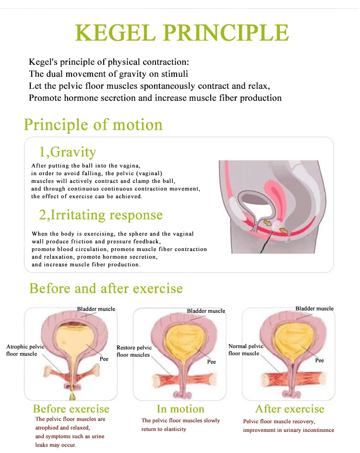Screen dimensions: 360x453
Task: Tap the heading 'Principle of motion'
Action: (93, 125)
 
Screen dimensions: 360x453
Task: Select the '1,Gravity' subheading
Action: (67, 152)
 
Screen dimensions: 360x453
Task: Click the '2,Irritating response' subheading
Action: (101, 215)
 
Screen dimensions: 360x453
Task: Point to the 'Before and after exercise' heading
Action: (106, 288)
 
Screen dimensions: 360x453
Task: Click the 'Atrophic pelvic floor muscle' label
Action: (24, 350)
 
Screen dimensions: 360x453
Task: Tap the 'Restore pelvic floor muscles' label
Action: (134, 351)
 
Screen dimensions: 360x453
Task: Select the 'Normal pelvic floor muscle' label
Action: (246, 349)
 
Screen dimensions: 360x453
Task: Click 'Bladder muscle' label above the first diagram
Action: (96, 309)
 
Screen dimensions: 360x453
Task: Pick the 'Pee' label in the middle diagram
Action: (211, 362)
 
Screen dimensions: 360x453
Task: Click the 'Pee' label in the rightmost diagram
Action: (319, 360)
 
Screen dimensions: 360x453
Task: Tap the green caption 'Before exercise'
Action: (71, 409)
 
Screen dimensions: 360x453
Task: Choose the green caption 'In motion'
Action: (180, 409)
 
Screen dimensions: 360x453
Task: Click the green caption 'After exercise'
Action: (289, 409)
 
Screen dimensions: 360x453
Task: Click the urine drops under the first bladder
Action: (73, 391)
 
